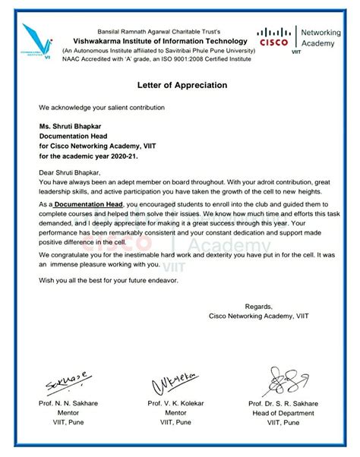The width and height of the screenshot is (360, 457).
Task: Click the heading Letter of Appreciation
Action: pyautogui.click(x=181, y=86)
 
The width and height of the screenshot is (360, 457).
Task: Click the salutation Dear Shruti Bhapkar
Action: pyautogui.click(x=72, y=174)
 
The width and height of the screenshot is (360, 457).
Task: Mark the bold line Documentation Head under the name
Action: pyautogui.click(x=80, y=140)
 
